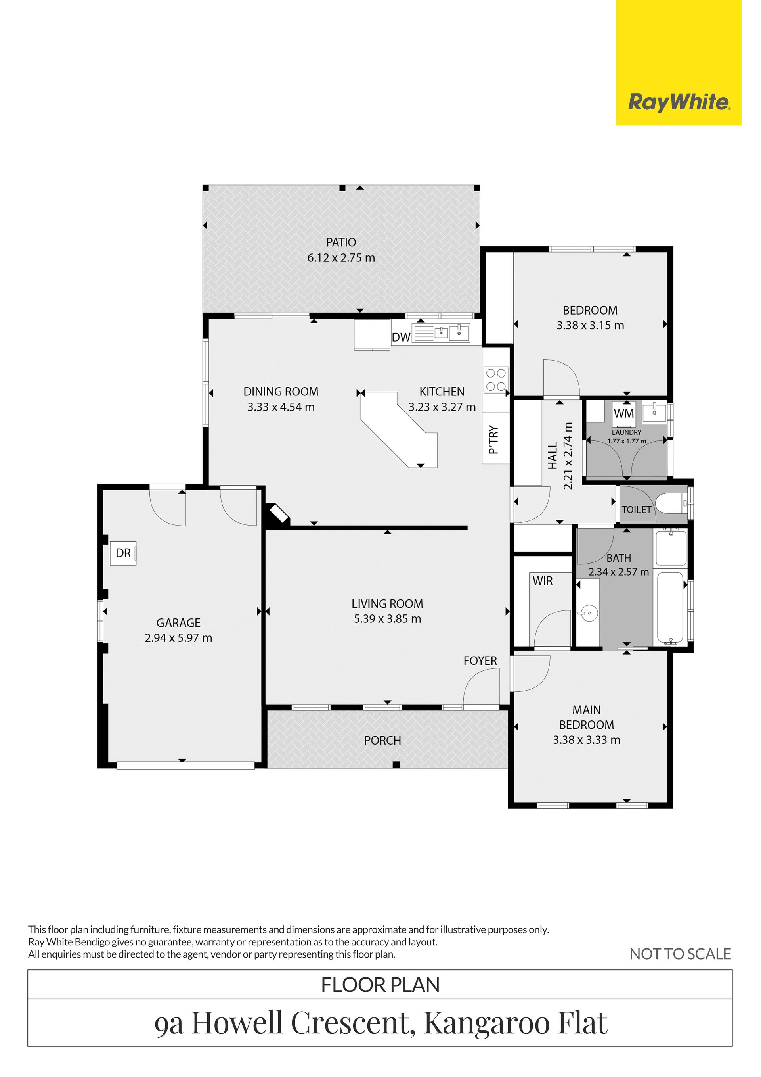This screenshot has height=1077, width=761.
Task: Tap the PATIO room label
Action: point(341,242)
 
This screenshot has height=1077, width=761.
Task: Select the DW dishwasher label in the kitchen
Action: point(401,337)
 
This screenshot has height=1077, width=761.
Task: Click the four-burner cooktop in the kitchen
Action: point(496,380)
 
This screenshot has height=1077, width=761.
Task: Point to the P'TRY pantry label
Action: point(493,440)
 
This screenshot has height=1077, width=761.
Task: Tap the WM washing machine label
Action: point(624,413)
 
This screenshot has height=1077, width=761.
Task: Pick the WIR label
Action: point(543,581)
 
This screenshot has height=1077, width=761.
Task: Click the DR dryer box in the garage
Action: point(123,553)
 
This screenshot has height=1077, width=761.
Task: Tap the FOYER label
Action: point(480,661)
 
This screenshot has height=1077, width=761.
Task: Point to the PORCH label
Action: point(382,741)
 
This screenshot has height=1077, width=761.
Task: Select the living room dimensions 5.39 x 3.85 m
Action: point(387,619)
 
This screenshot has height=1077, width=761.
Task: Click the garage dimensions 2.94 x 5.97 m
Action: point(178,638)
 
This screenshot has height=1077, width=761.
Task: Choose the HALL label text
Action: point(553,455)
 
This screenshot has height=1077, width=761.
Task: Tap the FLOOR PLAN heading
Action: point(380,985)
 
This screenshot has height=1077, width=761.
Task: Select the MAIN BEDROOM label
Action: point(587,717)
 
